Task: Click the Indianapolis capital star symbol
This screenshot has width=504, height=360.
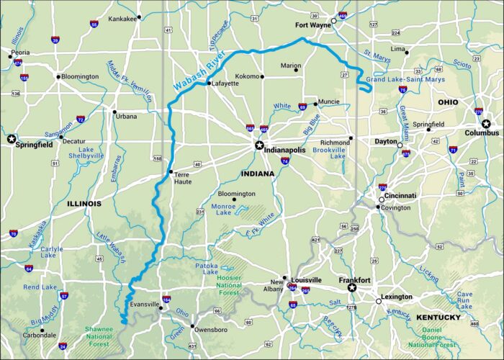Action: pyautogui.click(x=259, y=145)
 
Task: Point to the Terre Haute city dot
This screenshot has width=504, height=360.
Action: pyautogui.click(x=170, y=172)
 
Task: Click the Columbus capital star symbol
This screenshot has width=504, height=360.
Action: pyautogui.click(x=486, y=124)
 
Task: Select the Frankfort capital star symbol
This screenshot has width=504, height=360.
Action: pyautogui.click(x=352, y=288)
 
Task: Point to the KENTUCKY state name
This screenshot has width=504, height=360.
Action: pyautogui.click(x=438, y=318)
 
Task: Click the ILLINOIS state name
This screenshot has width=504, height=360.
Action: pyautogui.click(x=84, y=204)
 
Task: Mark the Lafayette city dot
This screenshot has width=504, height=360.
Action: pyautogui.click(x=208, y=84)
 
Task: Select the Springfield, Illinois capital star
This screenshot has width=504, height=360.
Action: pyautogui.click(x=11, y=138)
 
